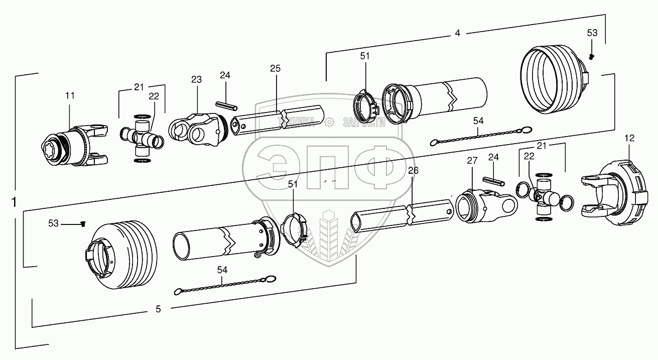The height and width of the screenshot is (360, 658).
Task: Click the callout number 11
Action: tap(69, 94)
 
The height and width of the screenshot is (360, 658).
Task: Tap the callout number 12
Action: tap(629, 138)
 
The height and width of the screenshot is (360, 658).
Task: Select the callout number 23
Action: tap(196, 79)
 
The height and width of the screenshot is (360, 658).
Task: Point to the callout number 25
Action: tap(275, 68)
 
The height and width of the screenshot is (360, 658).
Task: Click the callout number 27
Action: tap(471, 161)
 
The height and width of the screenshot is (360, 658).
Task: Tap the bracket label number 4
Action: tap(457, 33)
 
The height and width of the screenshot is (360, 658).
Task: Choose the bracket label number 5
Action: tap(158, 309)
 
